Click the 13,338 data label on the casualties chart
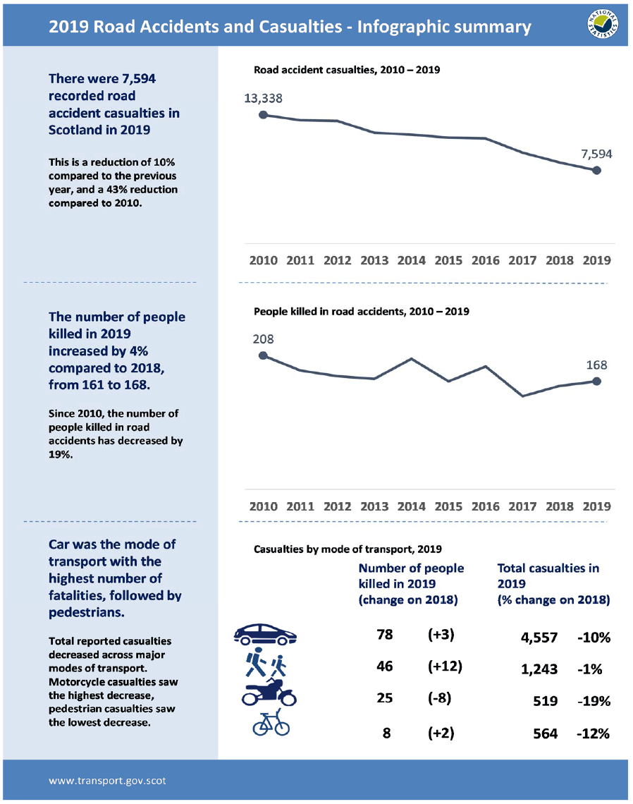point(263,98)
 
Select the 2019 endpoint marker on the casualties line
point(596,170)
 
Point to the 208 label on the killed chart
point(263,339)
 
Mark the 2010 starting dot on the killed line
point(263,355)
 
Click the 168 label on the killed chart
point(596,365)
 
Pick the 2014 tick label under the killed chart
point(411,506)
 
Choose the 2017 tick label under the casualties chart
point(522,260)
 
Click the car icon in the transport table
point(265,635)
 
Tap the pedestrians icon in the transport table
point(266,664)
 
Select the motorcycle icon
point(269,694)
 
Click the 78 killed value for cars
point(386,634)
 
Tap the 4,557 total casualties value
point(539,638)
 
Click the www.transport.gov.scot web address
point(107,781)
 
